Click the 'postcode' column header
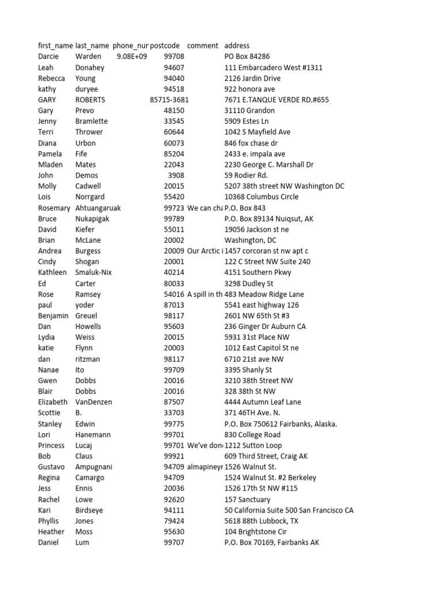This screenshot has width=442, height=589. click(165, 45)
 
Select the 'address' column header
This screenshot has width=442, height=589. click(237, 45)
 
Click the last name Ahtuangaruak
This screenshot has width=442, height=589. click(98, 208)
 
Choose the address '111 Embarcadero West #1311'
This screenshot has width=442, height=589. click(273, 67)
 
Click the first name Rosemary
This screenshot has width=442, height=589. click(54, 208)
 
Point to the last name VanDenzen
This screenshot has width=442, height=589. click(94, 402)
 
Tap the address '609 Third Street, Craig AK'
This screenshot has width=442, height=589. click(266, 456)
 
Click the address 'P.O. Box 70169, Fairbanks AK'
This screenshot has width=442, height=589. click(272, 542)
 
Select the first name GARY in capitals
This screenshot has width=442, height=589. click(48, 100)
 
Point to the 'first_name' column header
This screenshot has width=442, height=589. click(55, 45)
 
